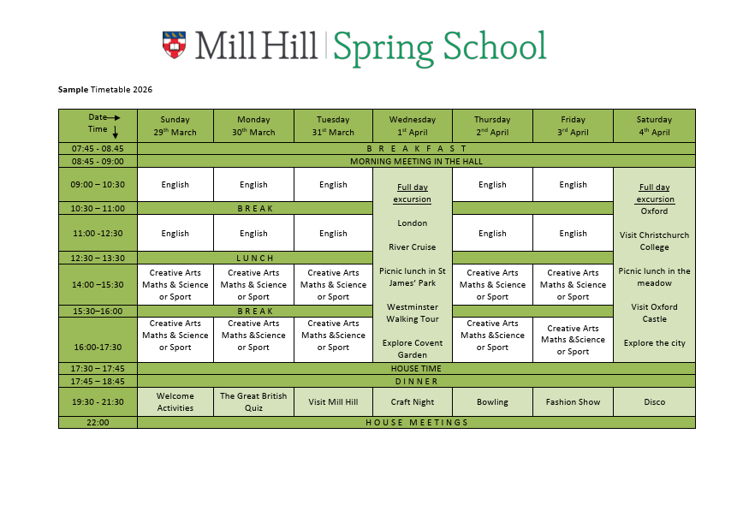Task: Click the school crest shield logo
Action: [174, 45]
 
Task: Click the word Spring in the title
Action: [383, 47]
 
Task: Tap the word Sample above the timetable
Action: [73, 90]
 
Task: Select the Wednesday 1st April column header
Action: [413, 126]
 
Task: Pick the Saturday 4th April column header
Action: [654, 126]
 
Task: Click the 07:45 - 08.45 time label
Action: [98, 148]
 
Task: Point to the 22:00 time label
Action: [98, 422]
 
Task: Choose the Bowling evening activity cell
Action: [492, 402]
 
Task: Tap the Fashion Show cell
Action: [573, 402]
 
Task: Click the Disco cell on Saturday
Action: [654, 402]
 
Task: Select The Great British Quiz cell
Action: [253, 402]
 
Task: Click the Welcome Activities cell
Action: [175, 402]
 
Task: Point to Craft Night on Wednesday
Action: [413, 402]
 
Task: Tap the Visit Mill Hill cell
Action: [333, 402]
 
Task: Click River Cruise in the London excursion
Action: [413, 247]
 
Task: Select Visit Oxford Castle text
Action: [654, 313]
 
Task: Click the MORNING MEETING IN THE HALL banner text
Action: [416, 161]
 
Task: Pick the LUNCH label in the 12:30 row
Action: [255, 258]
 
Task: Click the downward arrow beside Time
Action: [116, 131]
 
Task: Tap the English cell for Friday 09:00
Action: [573, 184]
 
